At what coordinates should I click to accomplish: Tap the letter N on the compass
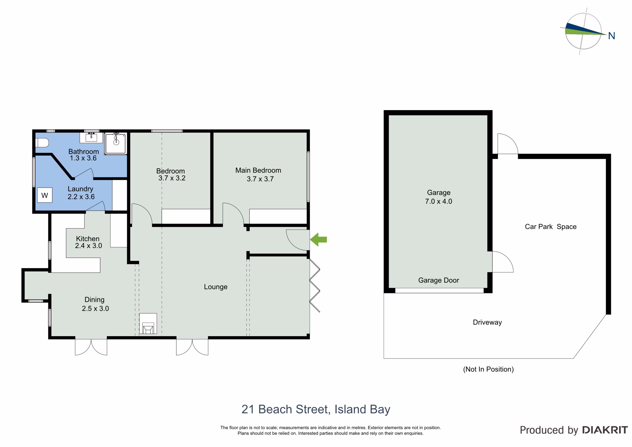pos(611,36)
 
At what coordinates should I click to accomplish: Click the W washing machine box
pos(45,195)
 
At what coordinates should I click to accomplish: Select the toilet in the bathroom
pos(42,143)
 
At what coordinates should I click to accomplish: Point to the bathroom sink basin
pos(91,137)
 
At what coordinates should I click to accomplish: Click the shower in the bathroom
pos(116,143)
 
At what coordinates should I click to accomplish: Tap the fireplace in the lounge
pos(148,324)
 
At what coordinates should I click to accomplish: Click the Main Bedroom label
pos(258,170)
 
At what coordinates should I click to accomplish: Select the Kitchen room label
pos(88,239)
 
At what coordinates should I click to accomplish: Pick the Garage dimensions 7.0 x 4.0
pos(438,201)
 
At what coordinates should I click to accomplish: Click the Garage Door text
pos(438,280)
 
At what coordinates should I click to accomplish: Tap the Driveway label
pos(487,322)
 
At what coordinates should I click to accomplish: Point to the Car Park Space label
pos(551,227)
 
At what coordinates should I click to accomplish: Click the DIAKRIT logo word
pos(605,430)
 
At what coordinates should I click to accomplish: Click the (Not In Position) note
pos(488,369)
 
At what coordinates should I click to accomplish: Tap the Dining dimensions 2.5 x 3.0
pos(95,308)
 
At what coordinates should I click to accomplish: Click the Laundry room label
pos(80,189)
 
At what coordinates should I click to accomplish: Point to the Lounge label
pos(216,287)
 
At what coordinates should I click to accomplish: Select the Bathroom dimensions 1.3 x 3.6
pos(83,158)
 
